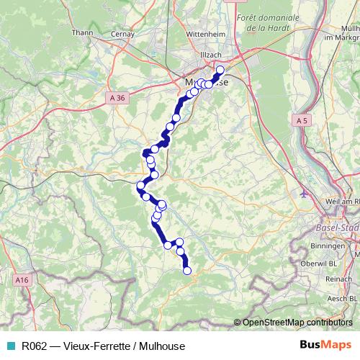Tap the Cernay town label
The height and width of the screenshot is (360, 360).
[x=123, y=32]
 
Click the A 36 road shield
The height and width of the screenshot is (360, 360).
[x=120, y=96]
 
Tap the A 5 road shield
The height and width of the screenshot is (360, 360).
[x=302, y=122]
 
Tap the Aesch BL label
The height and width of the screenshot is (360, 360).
[x=340, y=297]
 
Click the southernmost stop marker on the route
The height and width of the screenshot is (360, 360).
[x=187, y=271]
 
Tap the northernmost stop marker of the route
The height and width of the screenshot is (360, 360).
[x=220, y=70]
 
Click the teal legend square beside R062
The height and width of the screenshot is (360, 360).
[x=11, y=346]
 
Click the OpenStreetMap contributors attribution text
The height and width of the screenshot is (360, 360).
[x=297, y=322]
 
